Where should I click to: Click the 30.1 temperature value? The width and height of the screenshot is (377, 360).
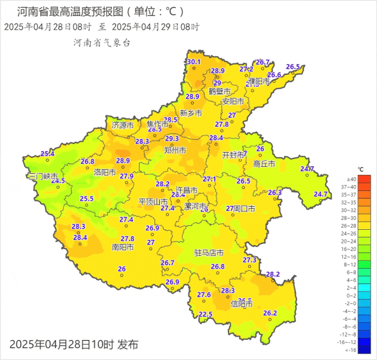(x=194, y=62)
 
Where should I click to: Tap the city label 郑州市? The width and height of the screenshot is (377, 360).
(x=175, y=151)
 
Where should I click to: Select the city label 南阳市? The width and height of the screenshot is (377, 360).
(x=123, y=247)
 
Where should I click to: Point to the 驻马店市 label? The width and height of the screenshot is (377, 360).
(x=209, y=253)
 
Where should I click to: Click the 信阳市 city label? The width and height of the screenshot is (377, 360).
(x=242, y=304)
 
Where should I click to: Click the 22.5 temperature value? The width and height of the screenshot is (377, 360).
(x=206, y=315)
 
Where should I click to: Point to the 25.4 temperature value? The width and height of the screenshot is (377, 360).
(x=47, y=154)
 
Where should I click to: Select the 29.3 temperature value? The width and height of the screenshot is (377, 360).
(x=172, y=138)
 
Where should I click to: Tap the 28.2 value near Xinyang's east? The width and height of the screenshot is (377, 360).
(x=273, y=274)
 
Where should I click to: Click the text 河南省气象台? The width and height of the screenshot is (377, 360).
(x=101, y=43)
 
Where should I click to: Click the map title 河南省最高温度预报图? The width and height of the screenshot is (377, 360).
(x=71, y=11)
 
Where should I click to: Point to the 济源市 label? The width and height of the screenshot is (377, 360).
(x=123, y=125)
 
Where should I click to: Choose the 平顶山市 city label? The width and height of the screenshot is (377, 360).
(x=153, y=202)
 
